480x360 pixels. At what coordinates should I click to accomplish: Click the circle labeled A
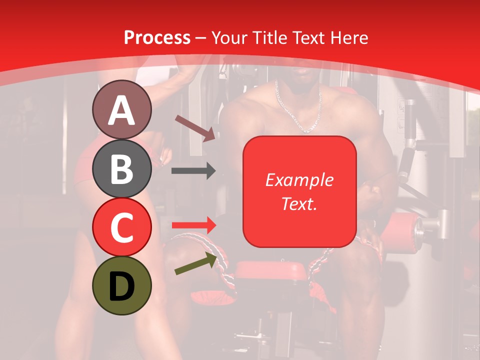(122, 110)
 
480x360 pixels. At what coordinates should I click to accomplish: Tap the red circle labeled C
(122, 227)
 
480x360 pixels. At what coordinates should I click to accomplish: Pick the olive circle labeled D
(122, 285)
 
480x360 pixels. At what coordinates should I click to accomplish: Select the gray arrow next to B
(193, 170)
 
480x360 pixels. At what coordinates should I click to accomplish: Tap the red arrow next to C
(193, 225)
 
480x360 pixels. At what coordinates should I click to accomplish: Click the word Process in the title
(157, 38)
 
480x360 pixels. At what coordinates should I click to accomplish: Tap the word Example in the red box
(299, 180)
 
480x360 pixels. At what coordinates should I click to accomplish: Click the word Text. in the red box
(299, 203)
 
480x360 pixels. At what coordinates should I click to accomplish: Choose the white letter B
(121, 169)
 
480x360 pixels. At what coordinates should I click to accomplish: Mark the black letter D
(121, 286)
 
